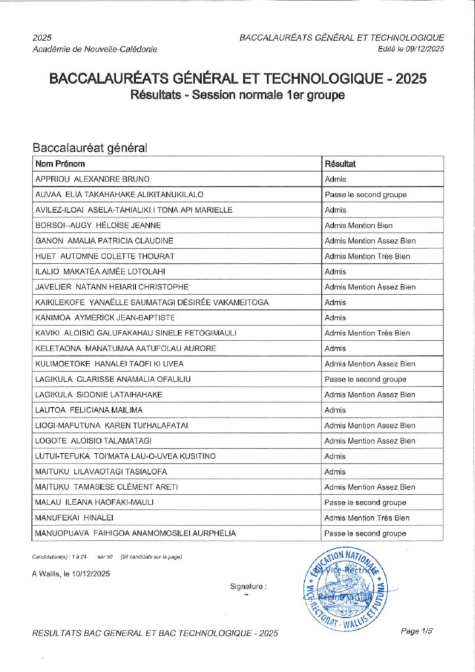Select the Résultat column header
[x=340, y=164]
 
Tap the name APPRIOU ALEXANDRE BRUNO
[x=92, y=180]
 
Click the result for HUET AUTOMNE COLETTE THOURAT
[x=367, y=256]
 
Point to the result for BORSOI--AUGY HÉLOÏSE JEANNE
[x=359, y=226]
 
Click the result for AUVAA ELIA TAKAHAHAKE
[x=365, y=195]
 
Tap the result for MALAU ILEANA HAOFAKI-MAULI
[x=365, y=503]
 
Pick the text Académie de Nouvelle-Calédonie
[x=94, y=49]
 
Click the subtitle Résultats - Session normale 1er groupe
[x=237, y=96]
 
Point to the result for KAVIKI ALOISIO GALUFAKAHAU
[x=367, y=333]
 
